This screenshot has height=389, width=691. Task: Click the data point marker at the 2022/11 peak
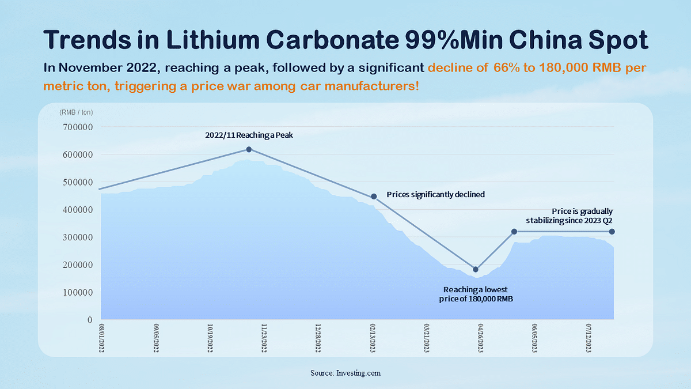249,149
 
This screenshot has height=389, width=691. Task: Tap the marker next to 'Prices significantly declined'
374,197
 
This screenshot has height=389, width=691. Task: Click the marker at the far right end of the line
612,232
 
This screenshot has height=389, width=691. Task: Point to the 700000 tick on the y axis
77,127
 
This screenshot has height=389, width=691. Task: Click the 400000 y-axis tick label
77,210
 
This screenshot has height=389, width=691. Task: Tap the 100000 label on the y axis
77,292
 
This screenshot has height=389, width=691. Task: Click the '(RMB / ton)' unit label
75,112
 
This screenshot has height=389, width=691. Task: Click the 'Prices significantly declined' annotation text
435,195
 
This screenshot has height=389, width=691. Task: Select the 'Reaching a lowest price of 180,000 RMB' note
475,294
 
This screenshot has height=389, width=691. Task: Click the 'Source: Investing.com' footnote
345,373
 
